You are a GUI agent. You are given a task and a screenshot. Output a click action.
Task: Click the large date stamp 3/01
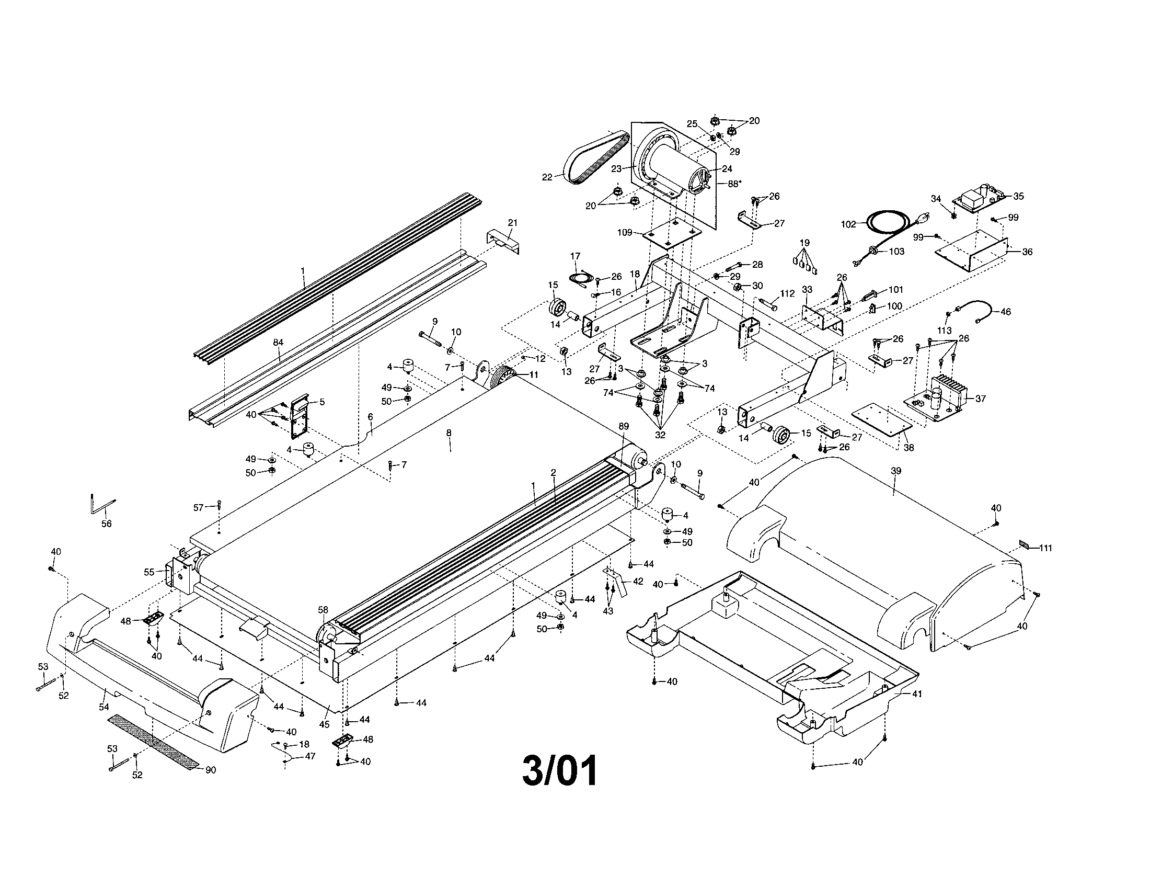[x=560, y=771]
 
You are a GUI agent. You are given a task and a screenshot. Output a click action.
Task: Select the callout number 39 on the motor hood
[x=895, y=471]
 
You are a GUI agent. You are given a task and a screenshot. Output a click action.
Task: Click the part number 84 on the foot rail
[x=278, y=343]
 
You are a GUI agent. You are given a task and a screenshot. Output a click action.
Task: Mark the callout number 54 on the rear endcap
[x=104, y=707]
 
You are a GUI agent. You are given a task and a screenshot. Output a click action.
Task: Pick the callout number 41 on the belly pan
[x=917, y=694]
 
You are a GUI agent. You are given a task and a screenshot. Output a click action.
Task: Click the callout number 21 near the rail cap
[x=513, y=223]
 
